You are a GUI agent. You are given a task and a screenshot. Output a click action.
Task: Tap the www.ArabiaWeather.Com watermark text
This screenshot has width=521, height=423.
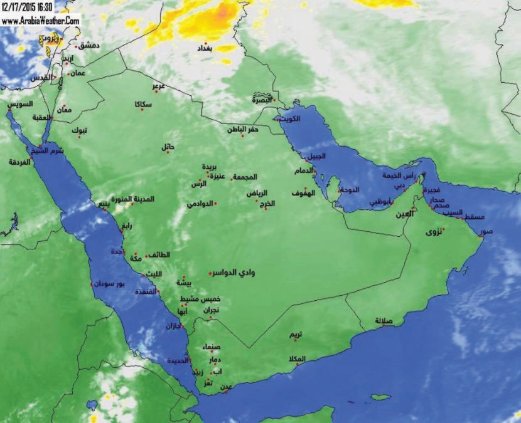click(x=40, y=20)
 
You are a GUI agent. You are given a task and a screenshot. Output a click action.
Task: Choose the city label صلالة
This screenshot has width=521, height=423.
click(x=384, y=321)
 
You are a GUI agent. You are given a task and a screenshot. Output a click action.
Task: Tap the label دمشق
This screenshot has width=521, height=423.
click(x=89, y=46)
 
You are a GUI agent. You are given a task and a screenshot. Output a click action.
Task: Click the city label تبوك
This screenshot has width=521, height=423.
click(x=79, y=130)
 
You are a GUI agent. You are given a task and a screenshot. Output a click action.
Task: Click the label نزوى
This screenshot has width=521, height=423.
click(x=434, y=232)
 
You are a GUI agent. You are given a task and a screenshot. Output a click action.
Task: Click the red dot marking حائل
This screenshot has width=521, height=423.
click(x=168, y=152)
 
